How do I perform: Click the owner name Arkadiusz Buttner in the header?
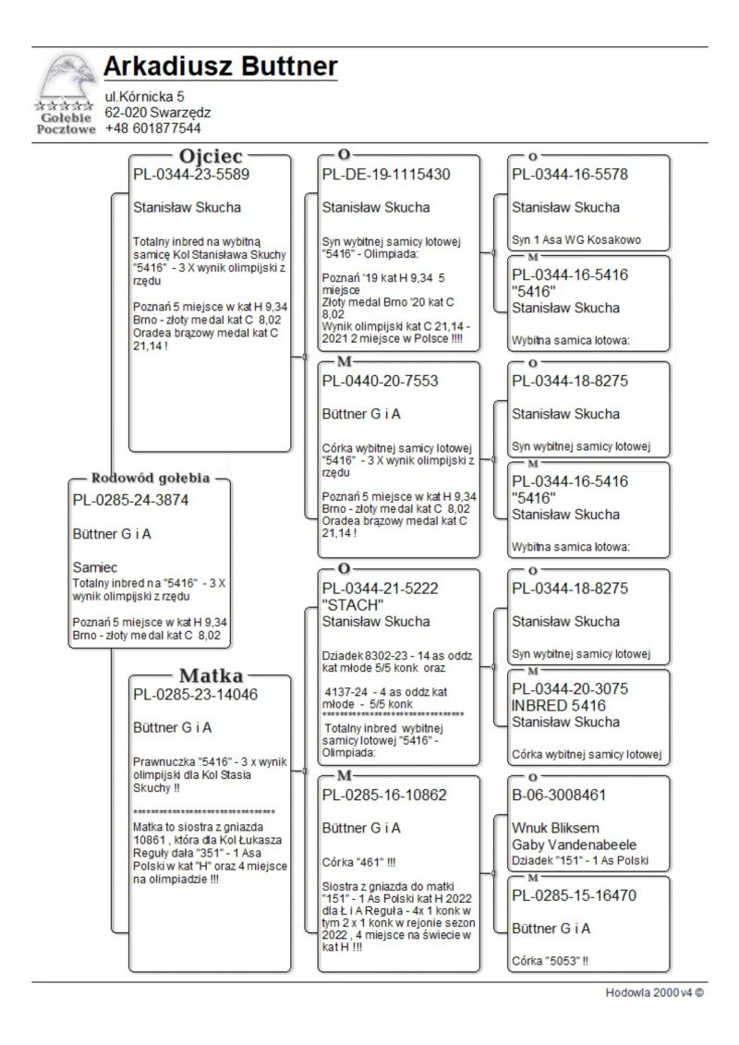pos(220,67)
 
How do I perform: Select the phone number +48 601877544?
pos(152,128)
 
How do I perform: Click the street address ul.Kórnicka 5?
pos(144,96)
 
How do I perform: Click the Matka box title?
pos(211,674)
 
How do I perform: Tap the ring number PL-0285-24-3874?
pos(129,501)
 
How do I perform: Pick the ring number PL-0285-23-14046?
pos(195,695)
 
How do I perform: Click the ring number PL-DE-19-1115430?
pos(386,175)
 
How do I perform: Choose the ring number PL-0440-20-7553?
pos(380,381)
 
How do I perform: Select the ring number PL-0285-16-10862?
pos(384,795)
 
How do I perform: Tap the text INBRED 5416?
pos(557,705)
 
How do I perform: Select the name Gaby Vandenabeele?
pos(574,845)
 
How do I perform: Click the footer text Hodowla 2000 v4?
pos(654,993)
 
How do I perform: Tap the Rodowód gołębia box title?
pos(150,479)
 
